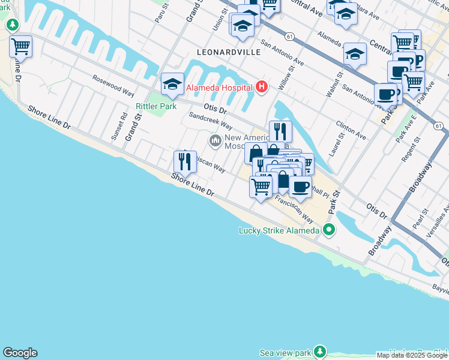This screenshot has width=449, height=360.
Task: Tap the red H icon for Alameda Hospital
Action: pyautogui.click(x=261, y=88)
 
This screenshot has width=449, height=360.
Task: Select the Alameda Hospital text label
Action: pyautogui.click(x=218, y=88)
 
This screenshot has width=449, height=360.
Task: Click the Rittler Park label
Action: pyautogui.click(x=155, y=106)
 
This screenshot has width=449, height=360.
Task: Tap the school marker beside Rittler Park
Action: pyautogui.click(x=172, y=84)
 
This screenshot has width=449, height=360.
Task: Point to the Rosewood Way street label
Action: pyautogui.click(x=113, y=85)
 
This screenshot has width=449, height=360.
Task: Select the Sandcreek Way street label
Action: pyautogui.click(x=210, y=121)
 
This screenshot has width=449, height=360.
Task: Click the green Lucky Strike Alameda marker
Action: pyautogui.click(x=328, y=229)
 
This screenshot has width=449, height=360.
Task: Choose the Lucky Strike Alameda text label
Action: pyautogui.click(x=279, y=230)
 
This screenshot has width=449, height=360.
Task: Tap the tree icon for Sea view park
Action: pyautogui.click(x=320, y=351)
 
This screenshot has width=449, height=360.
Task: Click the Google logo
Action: pyautogui.click(x=20, y=353)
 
